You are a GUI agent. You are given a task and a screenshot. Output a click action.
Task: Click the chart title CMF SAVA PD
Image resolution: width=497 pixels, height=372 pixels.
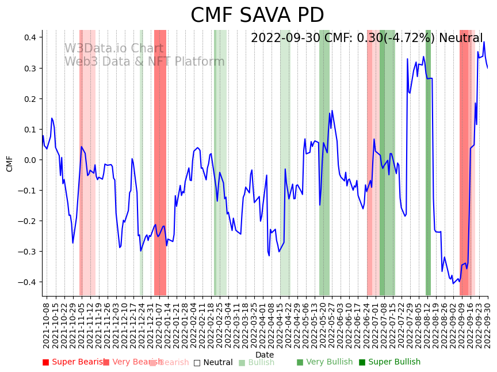[257, 16]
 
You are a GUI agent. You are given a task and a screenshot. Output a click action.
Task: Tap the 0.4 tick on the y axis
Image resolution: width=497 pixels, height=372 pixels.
[29, 37]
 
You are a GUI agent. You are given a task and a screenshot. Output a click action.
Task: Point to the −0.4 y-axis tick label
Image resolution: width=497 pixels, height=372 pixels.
[27, 282]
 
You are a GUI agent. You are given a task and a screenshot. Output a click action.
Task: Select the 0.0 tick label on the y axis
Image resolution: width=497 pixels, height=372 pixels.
[29, 160]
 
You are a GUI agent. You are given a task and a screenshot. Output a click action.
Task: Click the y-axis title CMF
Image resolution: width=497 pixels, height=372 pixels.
[10, 163]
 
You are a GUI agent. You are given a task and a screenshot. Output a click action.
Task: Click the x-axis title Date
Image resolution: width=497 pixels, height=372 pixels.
[265, 355]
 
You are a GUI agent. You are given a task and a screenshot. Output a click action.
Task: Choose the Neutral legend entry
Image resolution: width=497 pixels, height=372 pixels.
[213, 362]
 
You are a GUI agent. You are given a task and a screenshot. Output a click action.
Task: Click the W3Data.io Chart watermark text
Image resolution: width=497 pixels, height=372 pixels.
[114, 49]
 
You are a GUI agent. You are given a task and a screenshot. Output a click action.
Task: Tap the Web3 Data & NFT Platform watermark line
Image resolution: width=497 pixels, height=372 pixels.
[144, 62]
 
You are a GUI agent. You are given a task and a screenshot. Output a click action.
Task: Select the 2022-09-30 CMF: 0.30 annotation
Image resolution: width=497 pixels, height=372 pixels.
[366, 39]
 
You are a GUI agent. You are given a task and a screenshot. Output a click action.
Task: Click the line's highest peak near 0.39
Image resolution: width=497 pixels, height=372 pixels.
[484, 41]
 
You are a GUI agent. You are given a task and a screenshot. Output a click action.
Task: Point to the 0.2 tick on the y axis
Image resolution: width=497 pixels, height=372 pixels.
[29, 99]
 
